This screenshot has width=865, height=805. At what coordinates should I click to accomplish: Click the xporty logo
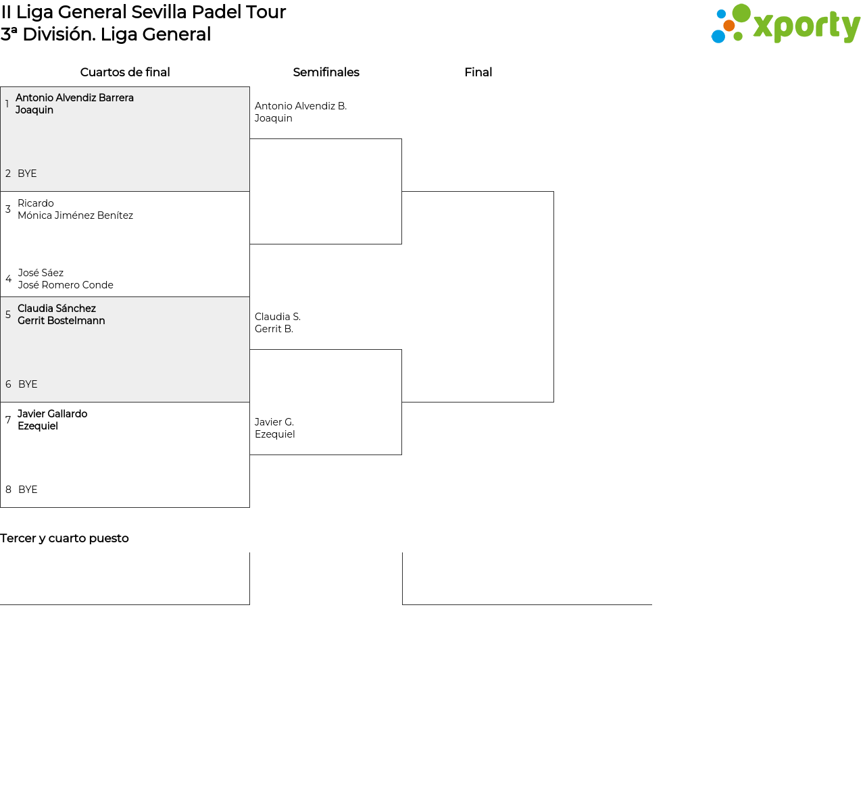point(785,24)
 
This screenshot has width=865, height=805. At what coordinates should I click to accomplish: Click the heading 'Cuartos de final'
point(125,72)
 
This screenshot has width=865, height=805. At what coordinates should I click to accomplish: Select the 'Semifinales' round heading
point(326,72)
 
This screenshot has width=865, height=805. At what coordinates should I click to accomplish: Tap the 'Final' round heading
point(478,72)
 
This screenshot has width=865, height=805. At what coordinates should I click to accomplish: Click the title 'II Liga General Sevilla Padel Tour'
point(143,12)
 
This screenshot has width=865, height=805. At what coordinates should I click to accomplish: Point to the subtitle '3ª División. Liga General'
point(106,34)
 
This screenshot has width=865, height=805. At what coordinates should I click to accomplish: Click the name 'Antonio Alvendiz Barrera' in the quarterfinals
point(74,98)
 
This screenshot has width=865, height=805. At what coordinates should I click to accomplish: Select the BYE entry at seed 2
point(27,174)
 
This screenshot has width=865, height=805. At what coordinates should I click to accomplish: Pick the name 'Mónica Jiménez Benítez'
point(75,215)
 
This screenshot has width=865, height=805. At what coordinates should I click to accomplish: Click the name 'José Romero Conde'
point(66,285)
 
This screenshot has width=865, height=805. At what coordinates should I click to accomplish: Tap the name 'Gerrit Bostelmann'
point(61,321)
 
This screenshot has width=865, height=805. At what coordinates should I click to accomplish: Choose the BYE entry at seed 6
point(28,384)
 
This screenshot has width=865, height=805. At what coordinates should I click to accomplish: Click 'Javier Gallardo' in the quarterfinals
point(52,414)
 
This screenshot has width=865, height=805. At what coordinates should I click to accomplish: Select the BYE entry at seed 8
point(28,490)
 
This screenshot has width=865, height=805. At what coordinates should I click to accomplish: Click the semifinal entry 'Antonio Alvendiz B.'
point(301,106)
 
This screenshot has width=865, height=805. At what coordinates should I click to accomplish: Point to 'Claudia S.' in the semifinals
point(278,317)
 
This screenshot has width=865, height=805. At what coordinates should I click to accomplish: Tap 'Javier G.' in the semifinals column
point(274,422)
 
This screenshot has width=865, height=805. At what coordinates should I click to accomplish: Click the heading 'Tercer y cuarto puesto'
point(64,538)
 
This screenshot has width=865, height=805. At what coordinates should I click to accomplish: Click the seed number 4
point(8,279)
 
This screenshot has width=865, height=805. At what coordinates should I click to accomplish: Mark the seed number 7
point(8,420)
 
